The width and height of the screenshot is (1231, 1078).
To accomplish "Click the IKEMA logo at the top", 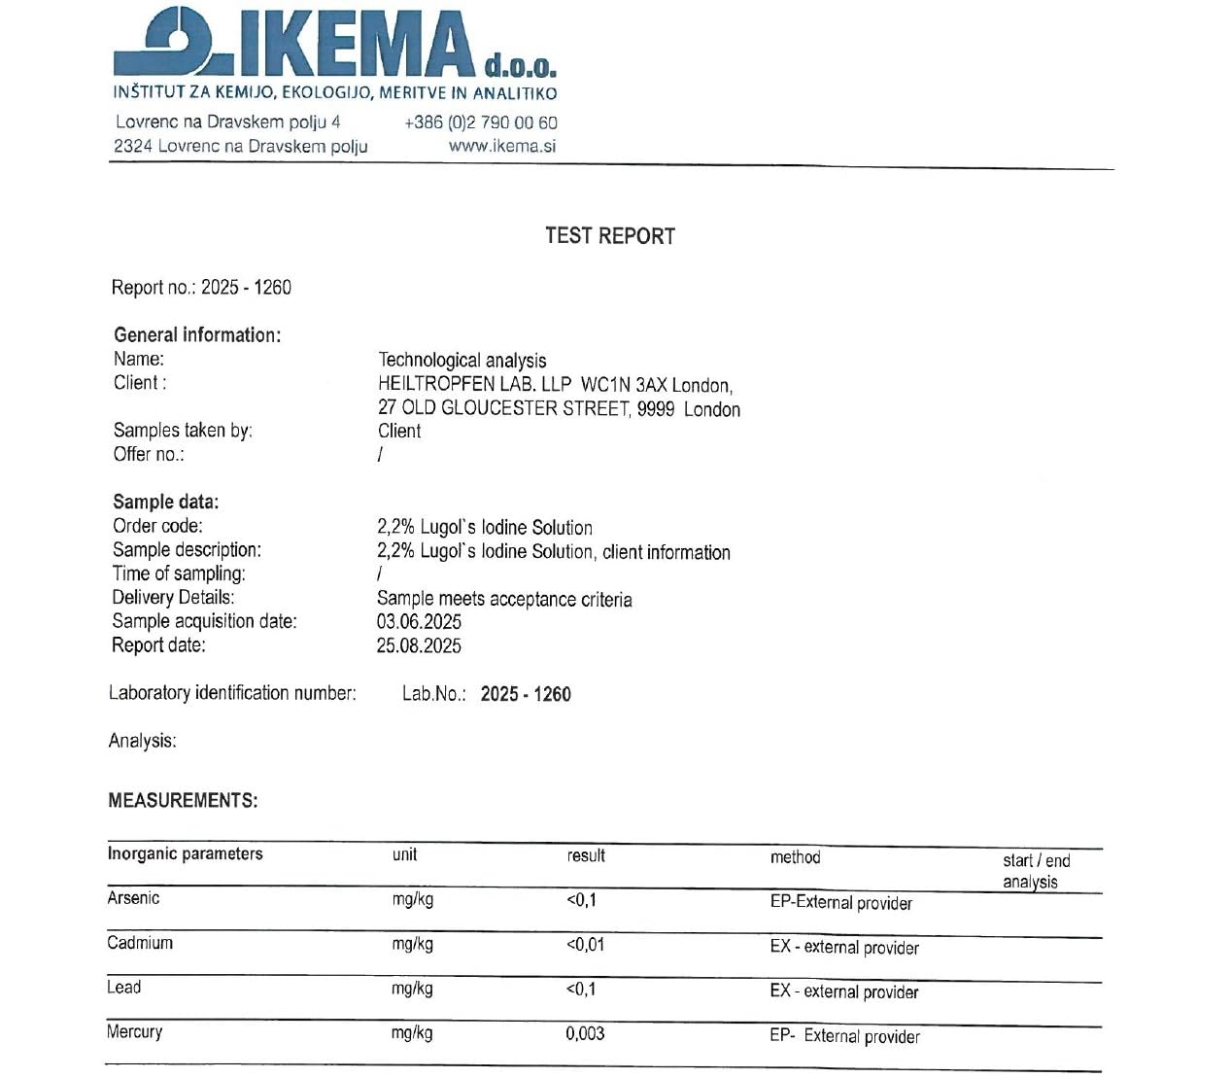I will click(334, 44).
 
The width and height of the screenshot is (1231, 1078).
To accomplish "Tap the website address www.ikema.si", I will click(502, 147).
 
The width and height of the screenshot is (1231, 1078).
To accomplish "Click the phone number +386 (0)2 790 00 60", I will click(480, 122).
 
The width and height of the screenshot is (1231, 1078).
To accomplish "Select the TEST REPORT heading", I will click(609, 236).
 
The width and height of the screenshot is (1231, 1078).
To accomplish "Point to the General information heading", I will click(197, 335).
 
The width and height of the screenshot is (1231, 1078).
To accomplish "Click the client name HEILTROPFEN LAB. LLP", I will click(474, 384).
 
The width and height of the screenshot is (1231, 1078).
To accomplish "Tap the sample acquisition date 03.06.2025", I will click(419, 622).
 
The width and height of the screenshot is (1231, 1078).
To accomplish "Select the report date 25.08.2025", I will click(419, 646).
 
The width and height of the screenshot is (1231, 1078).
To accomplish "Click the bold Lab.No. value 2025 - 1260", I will click(526, 694).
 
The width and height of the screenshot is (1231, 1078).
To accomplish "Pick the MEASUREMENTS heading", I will click(183, 801).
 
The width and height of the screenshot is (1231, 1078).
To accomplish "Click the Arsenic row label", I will click(133, 898).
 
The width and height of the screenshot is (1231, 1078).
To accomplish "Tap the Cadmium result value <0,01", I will click(585, 945).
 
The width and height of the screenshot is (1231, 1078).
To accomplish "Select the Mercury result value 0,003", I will click(585, 1034).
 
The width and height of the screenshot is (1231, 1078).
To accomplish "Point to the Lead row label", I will click(124, 988).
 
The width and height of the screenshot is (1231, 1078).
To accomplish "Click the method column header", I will click(795, 857).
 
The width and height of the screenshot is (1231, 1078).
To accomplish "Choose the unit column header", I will click(404, 855).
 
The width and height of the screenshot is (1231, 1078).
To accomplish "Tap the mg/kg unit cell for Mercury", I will click(412, 1033).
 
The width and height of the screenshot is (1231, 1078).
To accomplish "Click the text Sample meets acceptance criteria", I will click(504, 600).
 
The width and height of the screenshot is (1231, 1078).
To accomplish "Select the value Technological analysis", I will click(462, 361).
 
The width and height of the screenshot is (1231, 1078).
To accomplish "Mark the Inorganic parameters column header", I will click(185, 854).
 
